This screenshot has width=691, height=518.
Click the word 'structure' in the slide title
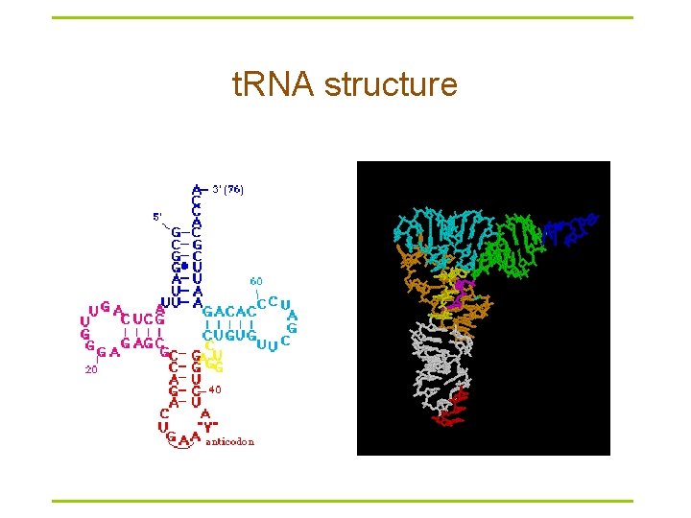point(391,85)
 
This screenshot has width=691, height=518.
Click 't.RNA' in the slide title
point(275,85)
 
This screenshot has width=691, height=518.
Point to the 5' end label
point(157,216)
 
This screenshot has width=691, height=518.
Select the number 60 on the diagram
point(256,281)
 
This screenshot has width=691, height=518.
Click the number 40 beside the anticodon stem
point(215,389)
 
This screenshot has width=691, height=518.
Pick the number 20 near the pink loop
point(90,367)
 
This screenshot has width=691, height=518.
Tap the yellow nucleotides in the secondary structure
point(213,360)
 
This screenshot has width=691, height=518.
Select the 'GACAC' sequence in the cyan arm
point(229,313)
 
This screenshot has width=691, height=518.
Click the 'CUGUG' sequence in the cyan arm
point(228,335)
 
